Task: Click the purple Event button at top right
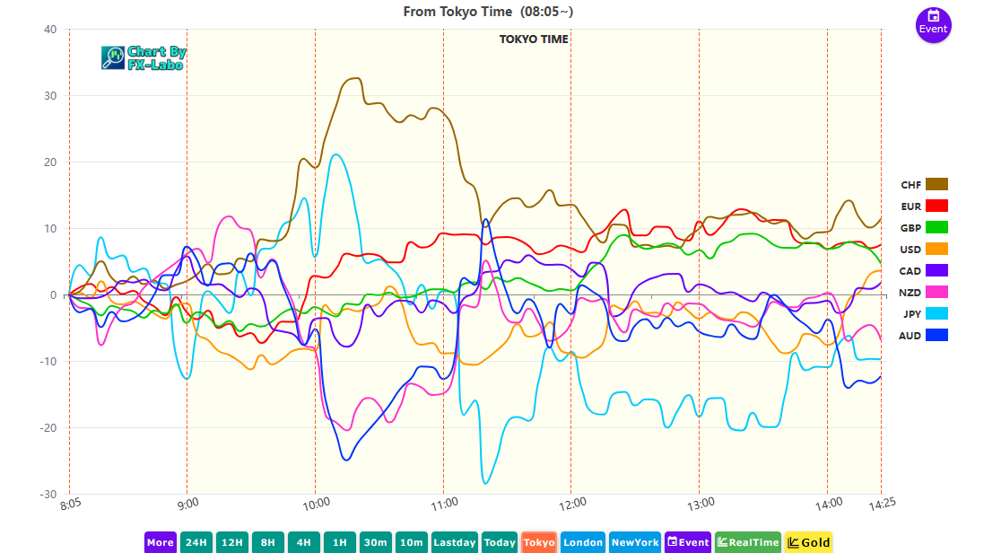pyautogui.click(x=933, y=22)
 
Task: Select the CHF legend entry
pyautogui.click(x=924, y=185)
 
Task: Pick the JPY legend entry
pyautogui.click(x=924, y=313)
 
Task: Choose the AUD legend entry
pyautogui.click(x=924, y=335)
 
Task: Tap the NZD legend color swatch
pyautogui.click(x=936, y=292)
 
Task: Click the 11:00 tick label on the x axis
pyautogui.click(x=444, y=502)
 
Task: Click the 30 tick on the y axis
pyautogui.click(x=49, y=96)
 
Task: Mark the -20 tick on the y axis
pyautogui.click(x=48, y=428)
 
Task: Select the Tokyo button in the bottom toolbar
pyautogui.click(x=538, y=542)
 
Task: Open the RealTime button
pyautogui.click(x=747, y=542)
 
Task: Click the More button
pyautogui.click(x=160, y=542)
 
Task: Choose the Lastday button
pyautogui.click(x=454, y=542)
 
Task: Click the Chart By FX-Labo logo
pyautogui.click(x=144, y=58)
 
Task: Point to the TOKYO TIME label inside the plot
pyautogui.click(x=534, y=39)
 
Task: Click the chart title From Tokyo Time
pyautogui.click(x=488, y=12)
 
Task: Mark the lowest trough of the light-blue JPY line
pyautogui.click(x=486, y=483)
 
